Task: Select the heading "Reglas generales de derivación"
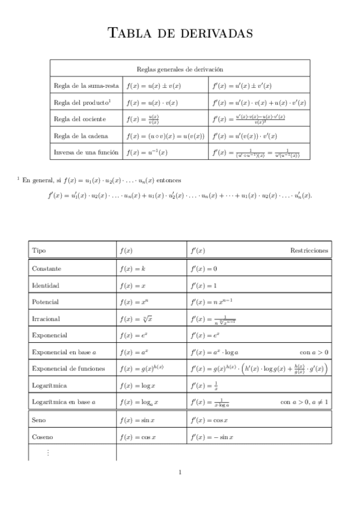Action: (x=180, y=70)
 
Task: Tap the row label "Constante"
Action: (x=46, y=268)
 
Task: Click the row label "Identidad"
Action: (x=46, y=285)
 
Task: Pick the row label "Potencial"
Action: (x=46, y=301)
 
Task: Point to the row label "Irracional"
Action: (x=46, y=318)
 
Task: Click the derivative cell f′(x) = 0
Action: (x=204, y=268)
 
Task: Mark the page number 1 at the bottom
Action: (x=180, y=472)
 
